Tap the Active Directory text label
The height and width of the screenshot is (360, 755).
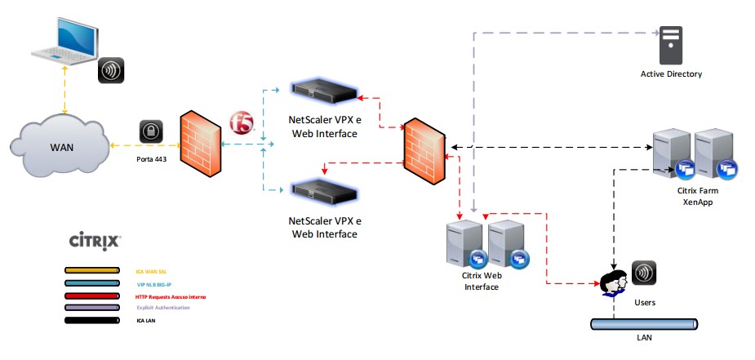tap(671, 74)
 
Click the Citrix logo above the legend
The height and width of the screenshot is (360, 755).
tap(95, 241)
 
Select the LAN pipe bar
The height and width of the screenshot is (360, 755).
tap(644, 324)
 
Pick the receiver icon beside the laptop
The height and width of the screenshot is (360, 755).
tap(112, 71)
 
